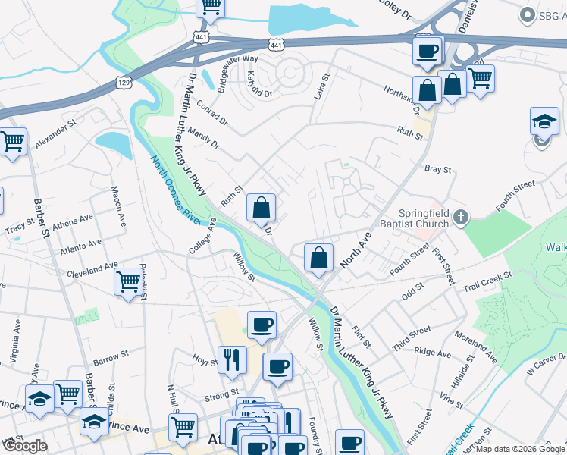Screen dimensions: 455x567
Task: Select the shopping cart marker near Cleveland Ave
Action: point(128,281)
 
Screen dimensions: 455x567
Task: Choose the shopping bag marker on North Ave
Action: point(319,257)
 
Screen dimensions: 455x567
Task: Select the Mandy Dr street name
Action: point(204,137)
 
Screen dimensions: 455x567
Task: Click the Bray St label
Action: point(438,170)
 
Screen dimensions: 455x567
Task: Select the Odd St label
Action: point(412,292)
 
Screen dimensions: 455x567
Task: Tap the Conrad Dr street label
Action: point(210,112)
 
